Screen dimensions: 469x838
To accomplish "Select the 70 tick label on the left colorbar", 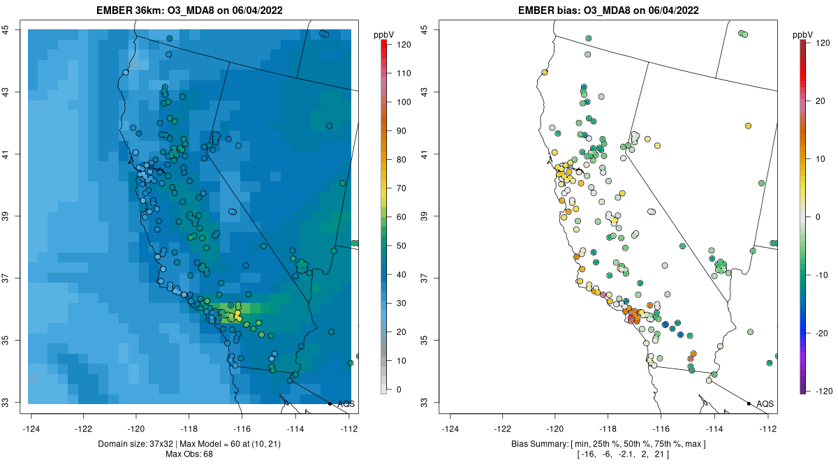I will (403, 188).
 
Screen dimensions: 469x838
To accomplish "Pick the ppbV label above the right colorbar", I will (804, 34).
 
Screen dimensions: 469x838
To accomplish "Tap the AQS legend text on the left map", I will (346, 404).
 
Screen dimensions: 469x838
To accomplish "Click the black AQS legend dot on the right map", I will (749, 403).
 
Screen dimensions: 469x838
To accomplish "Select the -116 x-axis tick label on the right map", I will (661, 429).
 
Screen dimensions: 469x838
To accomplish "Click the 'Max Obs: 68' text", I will (189, 454).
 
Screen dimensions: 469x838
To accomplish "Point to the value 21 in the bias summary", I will (659, 455).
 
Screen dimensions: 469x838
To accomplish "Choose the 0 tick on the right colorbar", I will (818, 216).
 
